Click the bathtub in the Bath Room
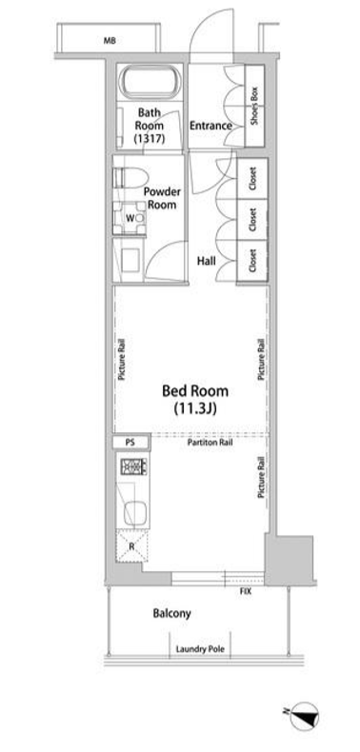[x=150, y=83]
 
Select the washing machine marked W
[x=130, y=218]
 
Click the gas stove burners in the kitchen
[x=134, y=466]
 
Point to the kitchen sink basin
[x=135, y=514]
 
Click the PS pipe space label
[x=130, y=443]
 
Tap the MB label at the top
[x=110, y=41]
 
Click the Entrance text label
[x=210, y=127]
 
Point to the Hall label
[x=207, y=262]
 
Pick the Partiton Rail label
[x=210, y=444]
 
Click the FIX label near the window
[x=246, y=592]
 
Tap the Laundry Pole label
[x=200, y=650]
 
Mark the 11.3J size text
[x=194, y=408]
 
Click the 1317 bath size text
[x=150, y=139]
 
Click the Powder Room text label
[x=162, y=198]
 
